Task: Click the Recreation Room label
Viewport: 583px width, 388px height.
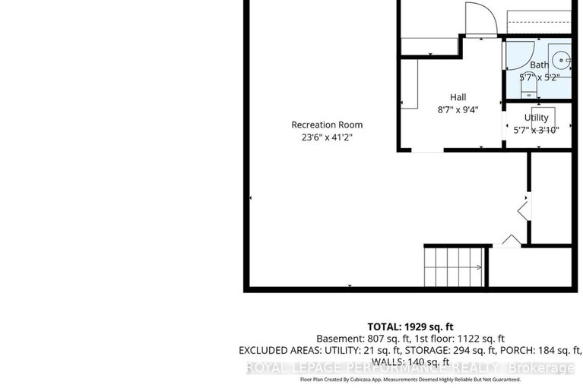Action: pyautogui.click(x=327, y=125)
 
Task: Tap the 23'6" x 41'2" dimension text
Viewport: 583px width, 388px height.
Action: pyautogui.click(x=327, y=137)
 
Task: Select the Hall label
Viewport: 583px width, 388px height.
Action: pyautogui.click(x=458, y=97)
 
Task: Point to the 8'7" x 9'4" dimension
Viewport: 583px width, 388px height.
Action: pyautogui.click(x=458, y=109)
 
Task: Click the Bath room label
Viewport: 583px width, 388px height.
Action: pyautogui.click(x=539, y=65)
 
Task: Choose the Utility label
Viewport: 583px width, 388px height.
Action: pyautogui.click(x=536, y=118)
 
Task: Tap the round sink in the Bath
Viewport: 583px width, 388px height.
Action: pyautogui.click(x=559, y=58)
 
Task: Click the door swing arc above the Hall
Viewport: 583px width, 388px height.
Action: pyautogui.click(x=479, y=18)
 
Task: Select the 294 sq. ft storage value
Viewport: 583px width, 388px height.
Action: pyautogui.click(x=456, y=351)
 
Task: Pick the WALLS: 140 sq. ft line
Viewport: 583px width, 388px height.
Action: pyautogui.click(x=410, y=363)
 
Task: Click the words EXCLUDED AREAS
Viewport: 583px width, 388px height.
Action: pyautogui.click(x=279, y=351)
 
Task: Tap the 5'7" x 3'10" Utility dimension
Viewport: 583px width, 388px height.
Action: pyautogui.click(x=536, y=130)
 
